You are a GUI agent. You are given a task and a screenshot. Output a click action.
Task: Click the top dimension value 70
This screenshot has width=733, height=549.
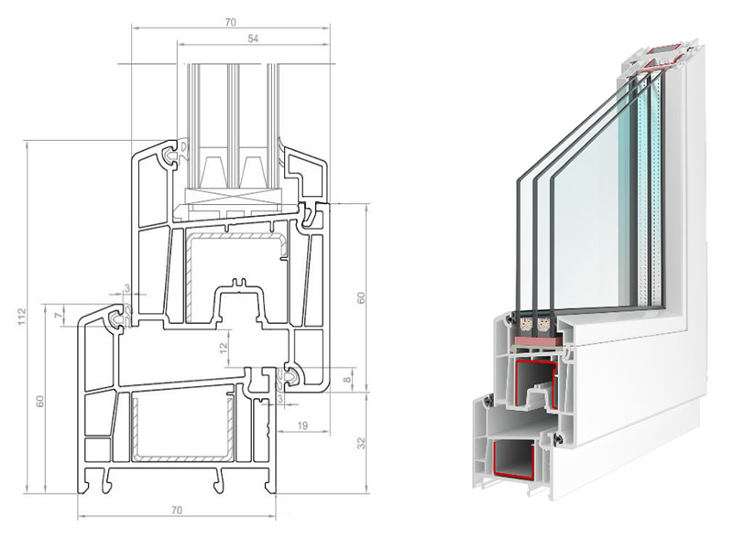pos(231,22)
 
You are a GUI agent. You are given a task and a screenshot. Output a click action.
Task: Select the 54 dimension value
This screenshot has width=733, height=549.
pos(253,38)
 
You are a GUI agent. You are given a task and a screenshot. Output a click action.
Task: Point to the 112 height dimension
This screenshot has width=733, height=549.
pos(22,317)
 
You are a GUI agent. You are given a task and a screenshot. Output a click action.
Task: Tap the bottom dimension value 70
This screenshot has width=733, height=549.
pos(176,511)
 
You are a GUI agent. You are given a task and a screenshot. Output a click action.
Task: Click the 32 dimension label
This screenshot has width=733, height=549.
pos(361,443)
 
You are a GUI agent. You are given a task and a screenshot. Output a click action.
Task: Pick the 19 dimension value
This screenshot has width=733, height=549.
pos(303,425)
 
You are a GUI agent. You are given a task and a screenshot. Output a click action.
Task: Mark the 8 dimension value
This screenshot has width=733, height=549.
pos(346,380)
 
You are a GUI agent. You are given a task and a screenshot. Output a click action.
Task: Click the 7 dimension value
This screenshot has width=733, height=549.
pos(58,316)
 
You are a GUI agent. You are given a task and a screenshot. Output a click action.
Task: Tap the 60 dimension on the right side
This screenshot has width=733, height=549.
pos(361,298)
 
